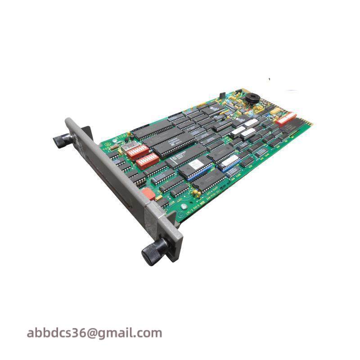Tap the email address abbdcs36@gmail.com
(94, 333)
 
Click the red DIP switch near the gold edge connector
(286, 118)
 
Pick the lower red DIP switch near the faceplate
(147, 160)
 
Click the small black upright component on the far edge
(221, 96)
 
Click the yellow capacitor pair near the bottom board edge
(196, 193)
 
